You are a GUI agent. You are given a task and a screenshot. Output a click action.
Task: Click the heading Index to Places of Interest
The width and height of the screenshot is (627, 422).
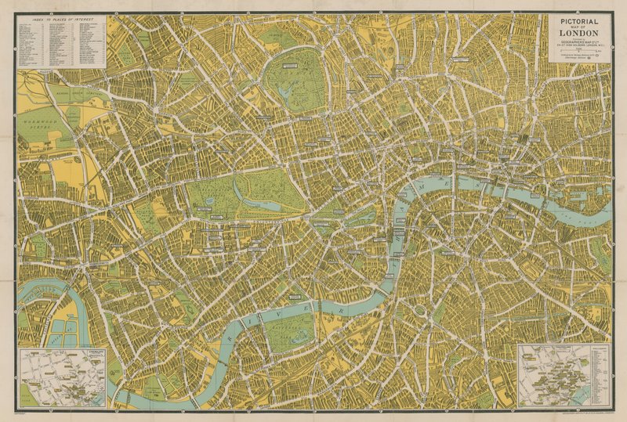click(x=60, y=19)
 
